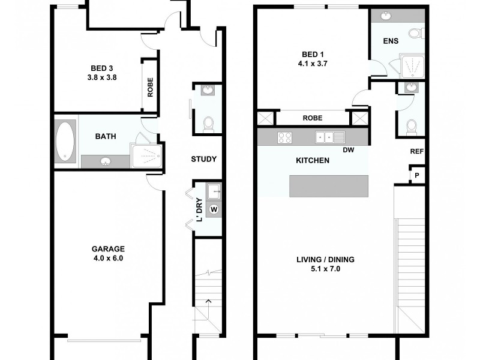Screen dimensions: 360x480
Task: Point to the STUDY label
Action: coord(203,159)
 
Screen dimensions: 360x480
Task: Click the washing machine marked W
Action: coord(214,209)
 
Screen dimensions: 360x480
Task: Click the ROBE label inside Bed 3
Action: coord(150,88)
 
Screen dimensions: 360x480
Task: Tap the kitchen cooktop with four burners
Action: coord(284,137)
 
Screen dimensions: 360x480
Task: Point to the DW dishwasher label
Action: coord(348,151)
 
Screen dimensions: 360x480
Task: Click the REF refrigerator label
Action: coord(416,152)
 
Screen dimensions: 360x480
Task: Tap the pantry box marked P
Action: coord(416,176)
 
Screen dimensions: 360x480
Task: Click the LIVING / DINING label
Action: coord(326,264)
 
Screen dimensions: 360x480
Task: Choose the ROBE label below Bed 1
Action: coord(312,118)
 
